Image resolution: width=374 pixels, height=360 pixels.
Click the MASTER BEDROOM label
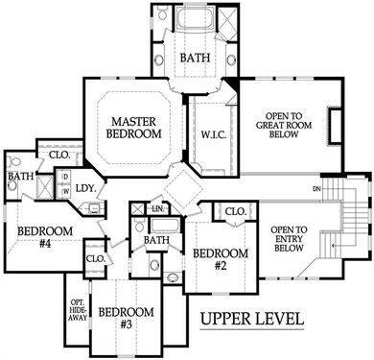pos(133,128)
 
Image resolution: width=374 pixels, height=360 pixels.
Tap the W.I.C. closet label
pos(214,134)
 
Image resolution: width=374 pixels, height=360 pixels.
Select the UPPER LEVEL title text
pos(252,319)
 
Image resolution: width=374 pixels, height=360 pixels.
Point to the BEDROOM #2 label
pos(221,259)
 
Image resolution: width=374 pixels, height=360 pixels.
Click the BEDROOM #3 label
pos(127,318)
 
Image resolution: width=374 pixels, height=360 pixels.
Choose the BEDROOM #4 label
pos(45,237)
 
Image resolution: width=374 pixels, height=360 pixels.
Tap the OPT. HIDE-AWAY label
pos(79,310)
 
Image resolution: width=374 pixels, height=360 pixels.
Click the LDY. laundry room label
pos(85,188)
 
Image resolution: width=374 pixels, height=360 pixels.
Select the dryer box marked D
pos(65,177)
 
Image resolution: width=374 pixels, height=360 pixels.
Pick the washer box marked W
pos(65,192)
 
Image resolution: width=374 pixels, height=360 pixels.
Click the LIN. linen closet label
pos(158,209)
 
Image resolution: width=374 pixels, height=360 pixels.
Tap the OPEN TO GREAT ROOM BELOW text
pos(284,125)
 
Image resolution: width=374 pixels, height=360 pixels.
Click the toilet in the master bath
pos(162,13)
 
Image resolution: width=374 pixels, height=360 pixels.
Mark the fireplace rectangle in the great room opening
pos(335,126)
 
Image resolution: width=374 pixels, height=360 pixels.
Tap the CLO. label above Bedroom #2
pos(236,211)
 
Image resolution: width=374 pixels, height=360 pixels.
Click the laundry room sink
pos(95,208)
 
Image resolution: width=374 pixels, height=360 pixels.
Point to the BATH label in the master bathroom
pos(196,58)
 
